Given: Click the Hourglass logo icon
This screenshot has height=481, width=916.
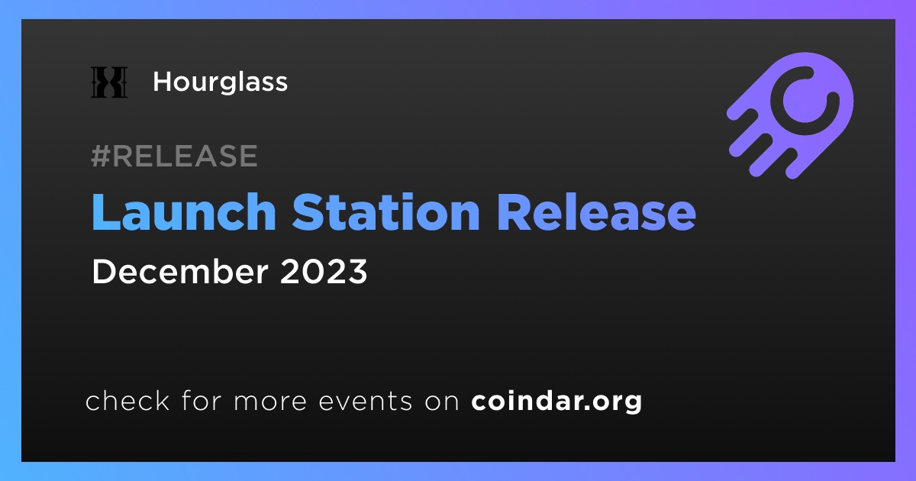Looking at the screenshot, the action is (109, 82).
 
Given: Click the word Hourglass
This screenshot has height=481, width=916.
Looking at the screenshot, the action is (221, 82).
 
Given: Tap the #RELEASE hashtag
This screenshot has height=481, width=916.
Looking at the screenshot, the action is (175, 156).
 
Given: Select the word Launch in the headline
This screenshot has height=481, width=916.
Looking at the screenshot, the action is (184, 212).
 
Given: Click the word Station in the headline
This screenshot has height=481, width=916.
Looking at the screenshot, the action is (385, 212).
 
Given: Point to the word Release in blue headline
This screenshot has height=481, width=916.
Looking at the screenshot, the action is (596, 212).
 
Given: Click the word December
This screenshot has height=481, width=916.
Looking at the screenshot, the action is (180, 271).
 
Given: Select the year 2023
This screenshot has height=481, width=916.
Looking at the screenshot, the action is (324, 271).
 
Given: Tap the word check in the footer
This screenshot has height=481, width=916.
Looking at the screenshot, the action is (127, 400).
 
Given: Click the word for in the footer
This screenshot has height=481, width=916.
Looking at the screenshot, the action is (202, 400).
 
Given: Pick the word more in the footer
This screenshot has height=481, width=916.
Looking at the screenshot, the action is (270, 402).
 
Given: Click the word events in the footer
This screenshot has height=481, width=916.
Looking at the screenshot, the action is (366, 402).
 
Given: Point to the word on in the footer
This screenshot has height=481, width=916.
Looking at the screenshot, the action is (442, 402).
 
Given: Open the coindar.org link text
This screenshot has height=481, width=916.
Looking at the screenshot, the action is (556, 402).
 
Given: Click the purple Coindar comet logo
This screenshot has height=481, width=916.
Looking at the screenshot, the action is (790, 115).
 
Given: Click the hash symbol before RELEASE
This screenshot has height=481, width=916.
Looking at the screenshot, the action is (101, 156).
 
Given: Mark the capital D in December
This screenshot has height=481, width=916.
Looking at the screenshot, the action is (104, 271).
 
